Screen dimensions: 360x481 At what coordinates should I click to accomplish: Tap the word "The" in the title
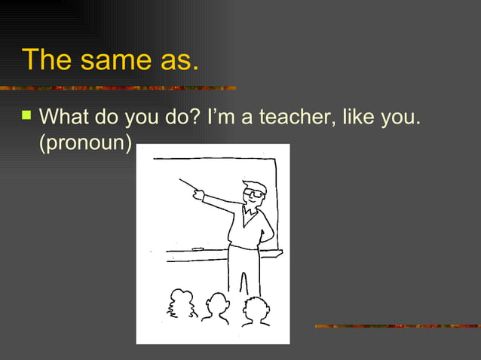point(44,60)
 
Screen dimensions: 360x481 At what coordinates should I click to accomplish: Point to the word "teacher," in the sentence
point(296,118)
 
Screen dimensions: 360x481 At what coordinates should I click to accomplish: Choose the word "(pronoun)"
point(85,142)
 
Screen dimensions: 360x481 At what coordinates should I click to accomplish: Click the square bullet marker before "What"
point(27,117)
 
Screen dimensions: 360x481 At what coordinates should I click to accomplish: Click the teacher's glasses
point(256,194)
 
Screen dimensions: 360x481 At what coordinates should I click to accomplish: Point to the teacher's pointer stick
point(188,185)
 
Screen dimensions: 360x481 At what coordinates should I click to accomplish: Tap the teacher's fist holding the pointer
point(199,195)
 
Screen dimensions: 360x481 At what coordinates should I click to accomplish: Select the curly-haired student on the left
point(181,304)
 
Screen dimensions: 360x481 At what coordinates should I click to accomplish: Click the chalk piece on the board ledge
point(198,249)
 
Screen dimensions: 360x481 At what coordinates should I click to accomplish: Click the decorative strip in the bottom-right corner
point(397,326)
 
